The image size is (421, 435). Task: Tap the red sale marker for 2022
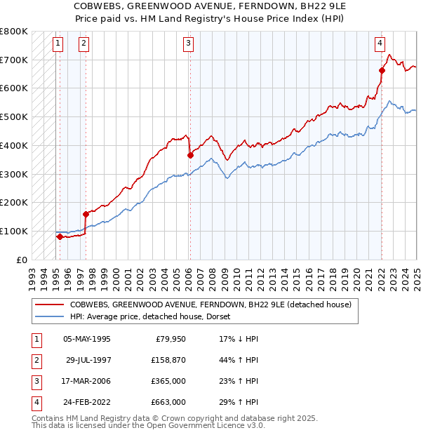382,70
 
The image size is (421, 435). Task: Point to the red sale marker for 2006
190,155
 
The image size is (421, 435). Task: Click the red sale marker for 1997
86,214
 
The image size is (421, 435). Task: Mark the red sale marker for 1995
60,236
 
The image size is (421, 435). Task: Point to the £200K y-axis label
14,202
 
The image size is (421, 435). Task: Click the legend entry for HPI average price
154,316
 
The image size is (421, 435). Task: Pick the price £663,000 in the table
169,402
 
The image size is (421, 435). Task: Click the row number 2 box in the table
35,361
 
